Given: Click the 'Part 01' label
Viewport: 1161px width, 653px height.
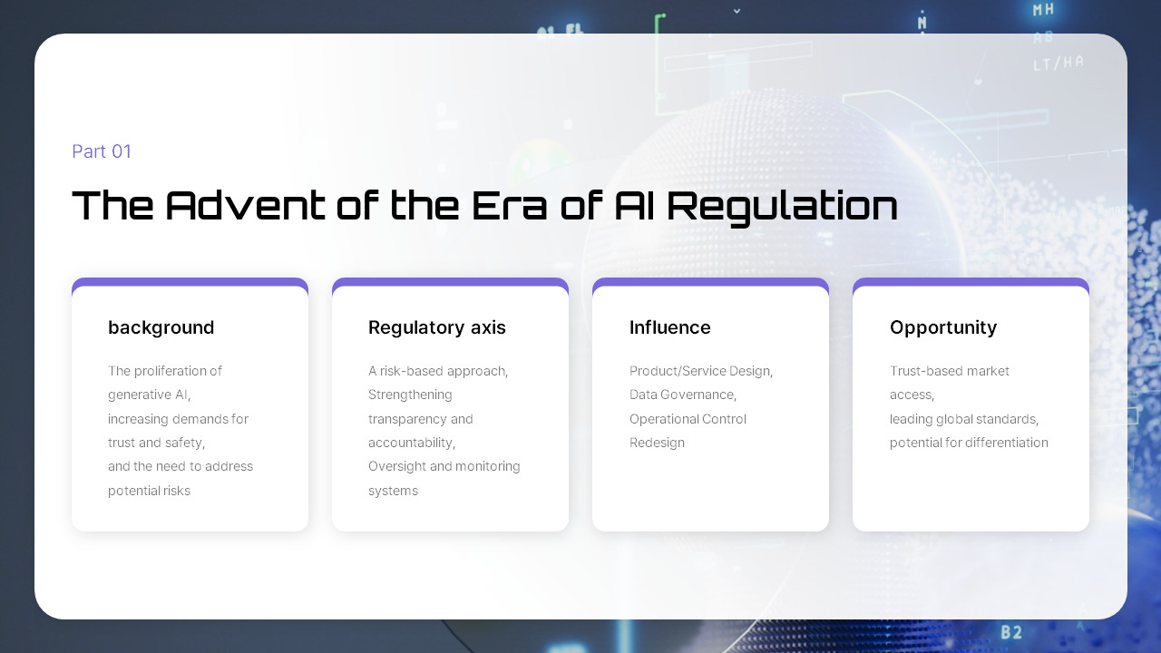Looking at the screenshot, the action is coord(102,151).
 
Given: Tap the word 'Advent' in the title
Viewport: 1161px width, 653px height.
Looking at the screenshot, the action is coord(245,205).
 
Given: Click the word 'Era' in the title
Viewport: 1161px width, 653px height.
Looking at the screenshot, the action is coord(509,205).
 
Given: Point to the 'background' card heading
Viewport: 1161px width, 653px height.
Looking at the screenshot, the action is coord(161,327).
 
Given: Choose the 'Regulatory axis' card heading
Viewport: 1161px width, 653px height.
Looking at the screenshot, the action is coord(437,327).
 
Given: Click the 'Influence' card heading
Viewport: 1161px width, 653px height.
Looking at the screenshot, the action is coord(669,327).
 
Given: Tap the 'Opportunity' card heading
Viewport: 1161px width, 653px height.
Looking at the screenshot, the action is coord(943,328).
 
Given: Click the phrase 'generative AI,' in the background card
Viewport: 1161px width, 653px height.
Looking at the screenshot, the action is coord(150,395).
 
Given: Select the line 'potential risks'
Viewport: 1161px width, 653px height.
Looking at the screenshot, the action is coord(150,491).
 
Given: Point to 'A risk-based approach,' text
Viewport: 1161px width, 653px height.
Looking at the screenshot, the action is coord(438,371).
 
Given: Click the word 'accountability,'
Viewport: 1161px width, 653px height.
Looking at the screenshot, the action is coord(412,443).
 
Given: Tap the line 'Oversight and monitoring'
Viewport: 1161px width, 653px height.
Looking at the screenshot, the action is coord(444,466).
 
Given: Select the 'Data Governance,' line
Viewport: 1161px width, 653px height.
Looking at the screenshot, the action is coord(683,395).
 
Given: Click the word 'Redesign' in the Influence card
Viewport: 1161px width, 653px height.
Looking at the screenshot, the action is coord(657,443).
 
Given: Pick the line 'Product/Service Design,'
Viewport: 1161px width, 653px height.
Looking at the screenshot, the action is coord(701,371).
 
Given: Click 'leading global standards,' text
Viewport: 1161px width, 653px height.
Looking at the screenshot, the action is coord(964,419).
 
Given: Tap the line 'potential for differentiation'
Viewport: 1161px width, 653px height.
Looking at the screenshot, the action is coord(969,443).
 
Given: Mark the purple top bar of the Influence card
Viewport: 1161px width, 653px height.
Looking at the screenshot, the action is coord(710,282).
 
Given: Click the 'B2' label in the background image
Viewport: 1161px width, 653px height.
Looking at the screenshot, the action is coord(1011,632).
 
